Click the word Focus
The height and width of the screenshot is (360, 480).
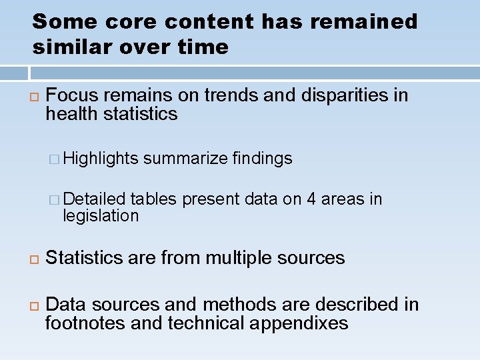pyautogui.click(x=72, y=95)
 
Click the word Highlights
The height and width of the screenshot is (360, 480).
pyautogui.click(x=101, y=158)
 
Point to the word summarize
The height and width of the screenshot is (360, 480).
pyautogui.click(x=185, y=158)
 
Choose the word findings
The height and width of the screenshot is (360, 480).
pyautogui.click(x=262, y=158)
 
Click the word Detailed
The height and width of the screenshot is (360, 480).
pyautogui.click(x=95, y=199)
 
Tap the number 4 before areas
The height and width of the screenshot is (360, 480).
pyautogui.click(x=311, y=199)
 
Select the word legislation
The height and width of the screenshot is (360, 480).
pyautogui.click(x=101, y=216)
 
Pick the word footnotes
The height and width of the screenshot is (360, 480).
pyautogui.click(x=84, y=323)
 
